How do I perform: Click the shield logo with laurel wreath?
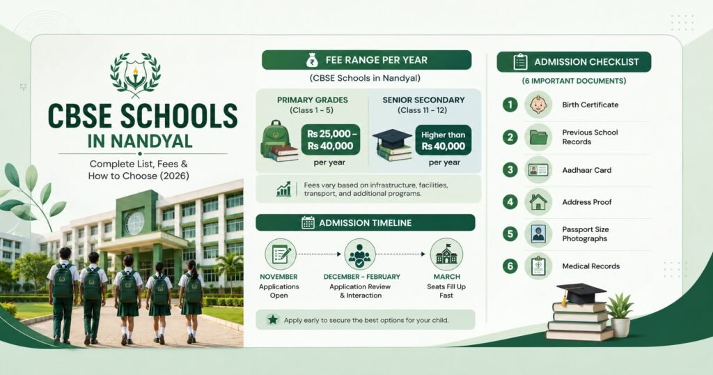pos(136,74)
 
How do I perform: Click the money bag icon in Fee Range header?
pos(313,60)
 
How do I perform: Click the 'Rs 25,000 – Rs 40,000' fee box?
pos(331,139)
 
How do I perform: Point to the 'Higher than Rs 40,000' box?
pos(444,140)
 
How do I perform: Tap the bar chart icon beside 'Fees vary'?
pos(283,190)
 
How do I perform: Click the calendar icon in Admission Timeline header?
pos(308,222)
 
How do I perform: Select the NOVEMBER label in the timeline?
pos(279,277)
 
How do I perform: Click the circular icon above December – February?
pos(360,254)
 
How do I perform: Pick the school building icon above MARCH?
pos(446,254)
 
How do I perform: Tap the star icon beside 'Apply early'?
pos(273,319)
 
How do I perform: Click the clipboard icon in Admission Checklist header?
pos(520,62)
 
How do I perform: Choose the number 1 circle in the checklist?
pos(510,105)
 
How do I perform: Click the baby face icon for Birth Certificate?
pos(538,105)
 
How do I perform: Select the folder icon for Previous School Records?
pos(538,137)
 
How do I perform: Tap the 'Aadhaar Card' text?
pos(586,170)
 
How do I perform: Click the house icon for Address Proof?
pos(538,201)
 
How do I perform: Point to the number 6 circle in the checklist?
pos(510,266)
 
